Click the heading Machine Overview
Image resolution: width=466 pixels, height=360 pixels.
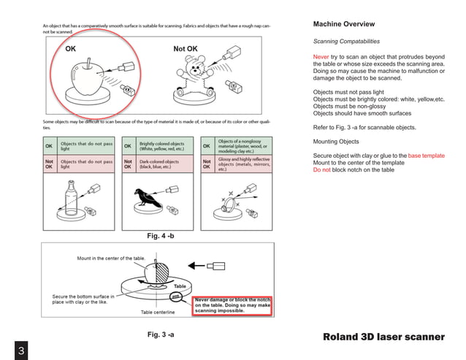click(344, 24)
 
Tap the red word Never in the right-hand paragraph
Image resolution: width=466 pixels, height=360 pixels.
click(321, 56)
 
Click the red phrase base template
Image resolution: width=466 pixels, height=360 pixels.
click(426, 156)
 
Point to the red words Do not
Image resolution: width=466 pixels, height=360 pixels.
click(321, 169)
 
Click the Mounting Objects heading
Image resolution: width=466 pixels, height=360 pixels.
click(336, 141)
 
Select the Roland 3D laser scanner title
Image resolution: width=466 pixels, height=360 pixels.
click(383, 337)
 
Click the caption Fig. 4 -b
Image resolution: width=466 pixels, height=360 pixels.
click(161, 236)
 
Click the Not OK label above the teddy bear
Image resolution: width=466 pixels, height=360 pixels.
click(185, 49)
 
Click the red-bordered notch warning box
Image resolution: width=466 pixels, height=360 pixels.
click(232, 305)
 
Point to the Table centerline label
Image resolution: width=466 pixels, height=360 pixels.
click(161, 312)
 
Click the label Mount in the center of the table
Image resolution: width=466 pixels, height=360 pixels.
click(110, 258)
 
